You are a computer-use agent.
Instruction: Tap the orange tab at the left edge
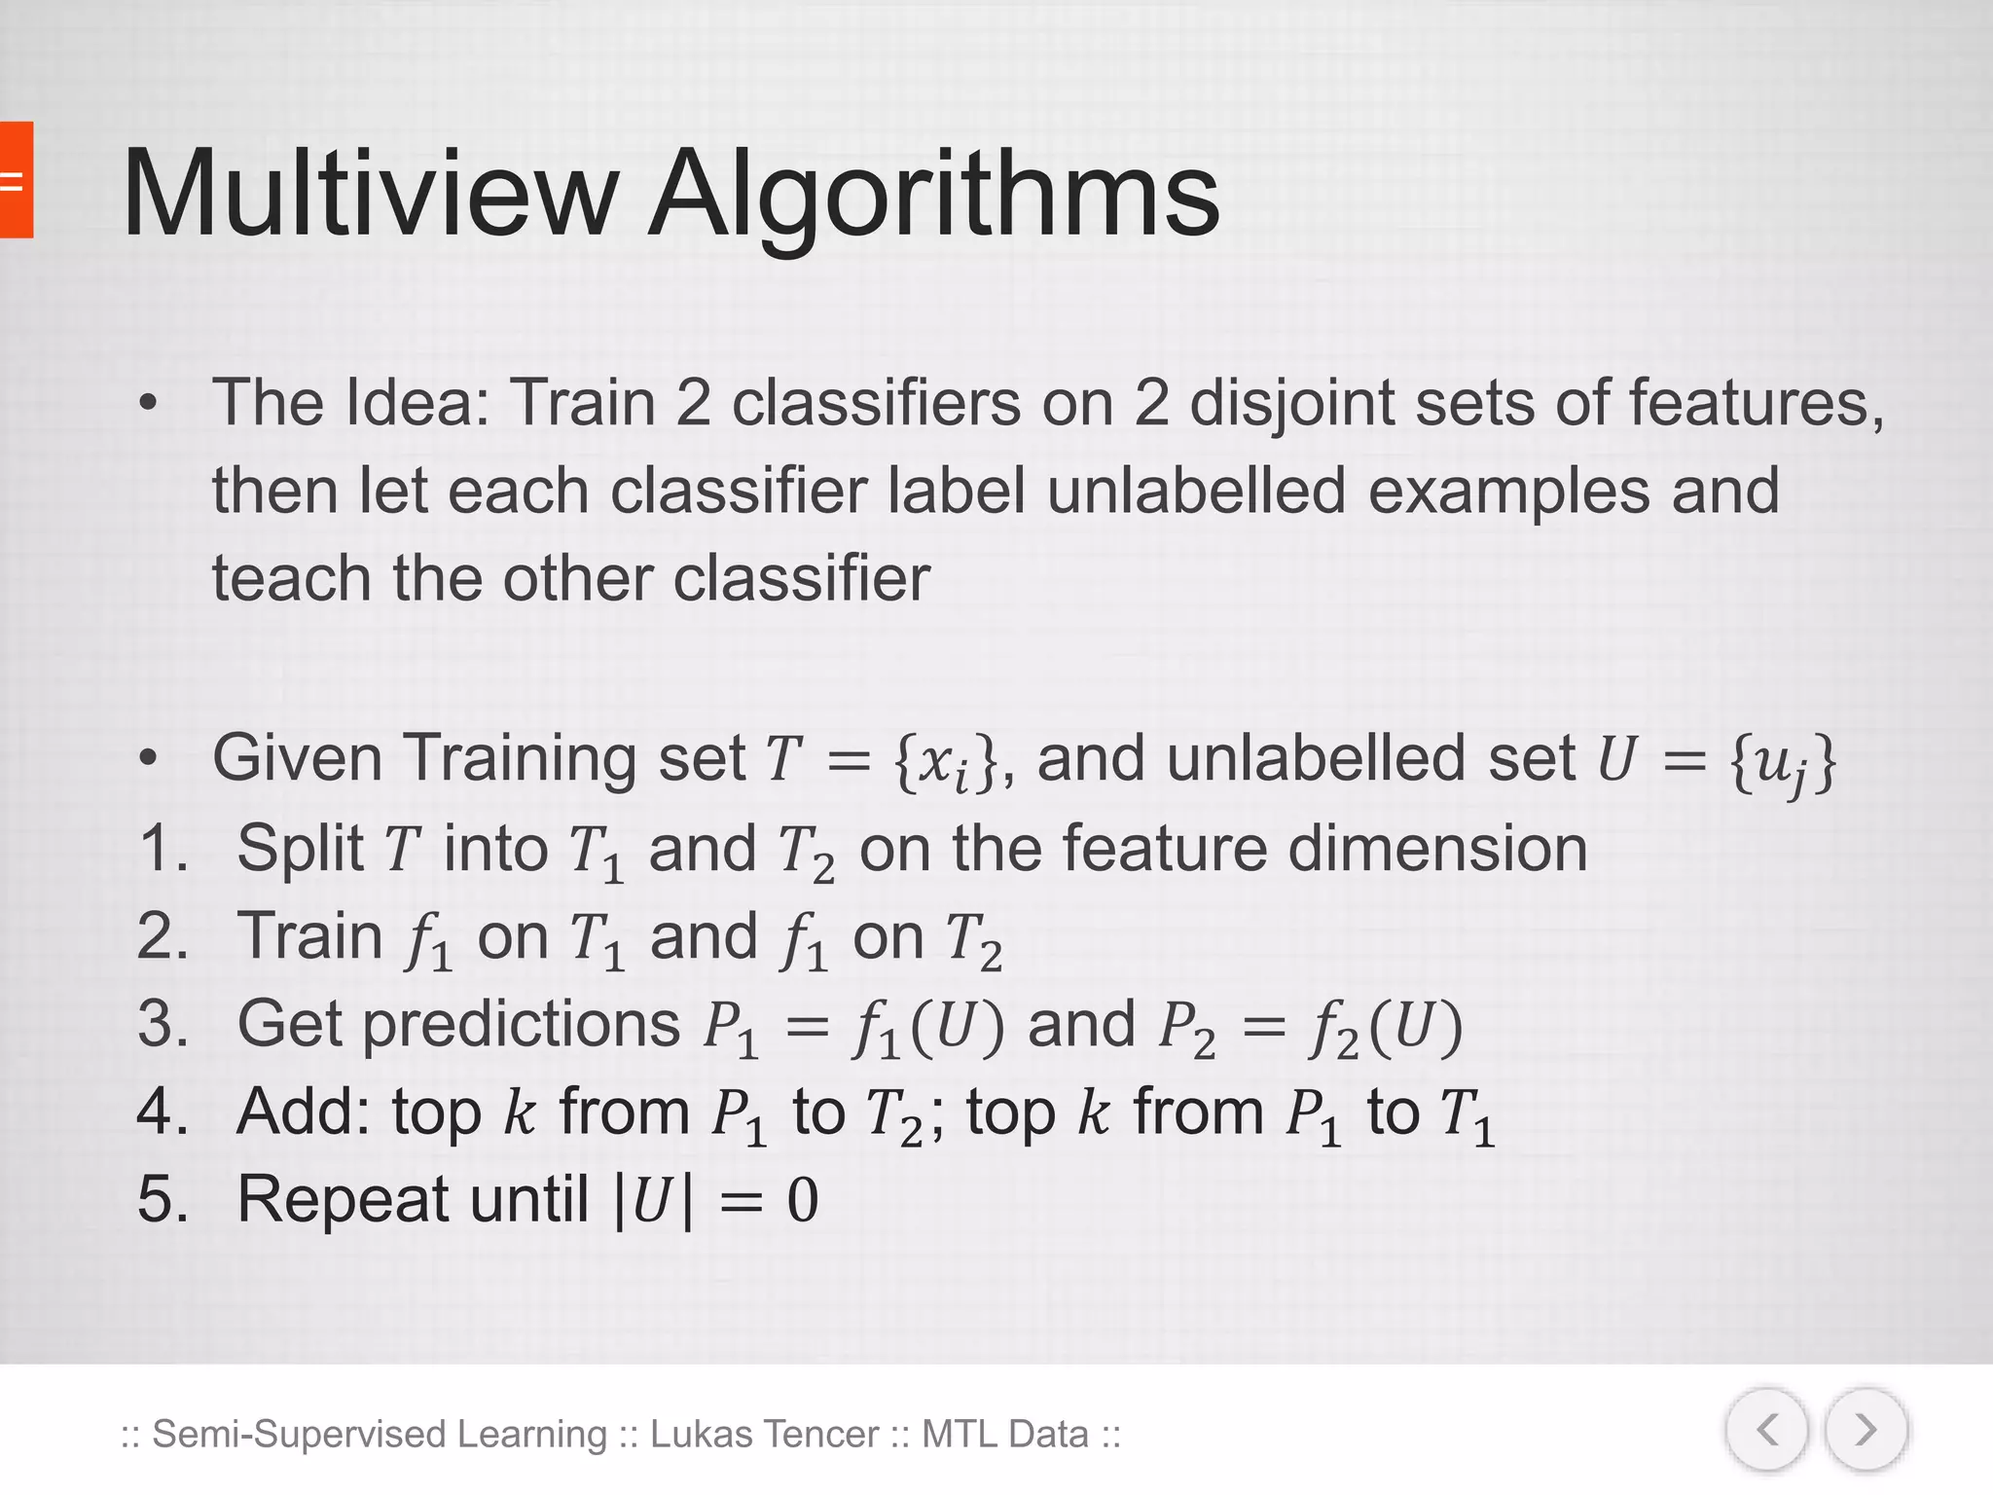(16, 180)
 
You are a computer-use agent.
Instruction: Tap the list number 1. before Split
(163, 848)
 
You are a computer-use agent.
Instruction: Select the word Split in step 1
(300, 850)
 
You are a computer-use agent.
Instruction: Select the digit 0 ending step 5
(802, 1199)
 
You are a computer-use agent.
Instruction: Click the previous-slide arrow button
(1766, 1430)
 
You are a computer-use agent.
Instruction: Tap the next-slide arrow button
(1866, 1430)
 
